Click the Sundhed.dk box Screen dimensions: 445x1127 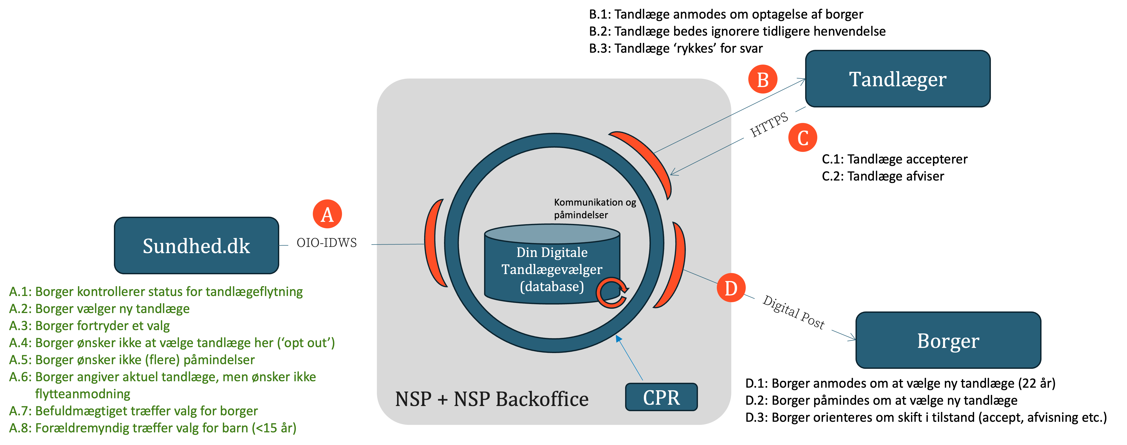(x=196, y=245)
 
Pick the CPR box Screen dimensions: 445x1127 (x=661, y=397)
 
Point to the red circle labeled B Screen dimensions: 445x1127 (x=763, y=80)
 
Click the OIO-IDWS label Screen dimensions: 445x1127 (x=327, y=243)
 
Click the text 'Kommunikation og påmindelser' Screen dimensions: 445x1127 (x=595, y=208)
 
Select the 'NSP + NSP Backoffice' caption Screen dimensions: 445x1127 (x=492, y=399)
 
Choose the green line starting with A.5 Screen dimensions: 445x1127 (x=132, y=360)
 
